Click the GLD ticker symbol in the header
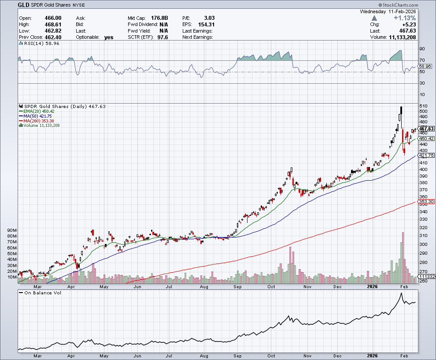(24, 5)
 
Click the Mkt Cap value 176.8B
(160, 18)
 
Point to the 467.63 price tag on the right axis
(426, 129)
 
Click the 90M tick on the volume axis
(12, 230)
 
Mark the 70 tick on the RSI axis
(422, 60)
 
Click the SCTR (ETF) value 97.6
(159, 37)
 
